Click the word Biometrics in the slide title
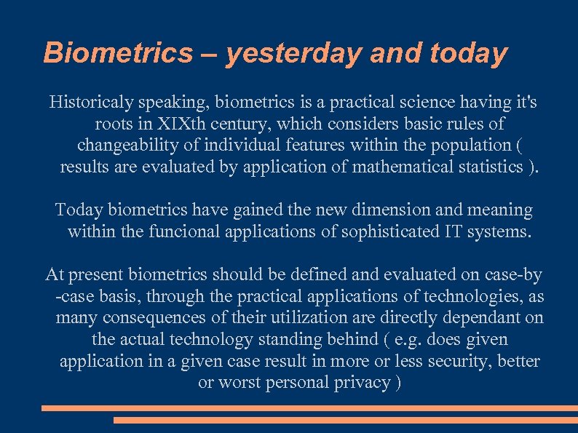[x=117, y=53]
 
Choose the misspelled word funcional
[x=181, y=232]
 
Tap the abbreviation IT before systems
[x=451, y=232]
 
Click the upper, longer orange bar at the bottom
[x=309, y=408]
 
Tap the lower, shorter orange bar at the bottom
[x=345, y=420]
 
